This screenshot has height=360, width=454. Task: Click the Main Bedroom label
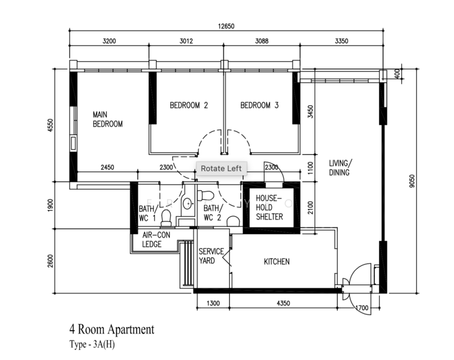[107, 119]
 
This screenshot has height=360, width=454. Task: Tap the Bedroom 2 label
[189, 105]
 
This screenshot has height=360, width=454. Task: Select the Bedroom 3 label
[260, 105]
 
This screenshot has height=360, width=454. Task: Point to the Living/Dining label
[341, 167]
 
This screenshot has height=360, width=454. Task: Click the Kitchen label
[276, 262]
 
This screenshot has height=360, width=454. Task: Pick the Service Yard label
[211, 256]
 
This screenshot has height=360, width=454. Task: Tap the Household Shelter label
[269, 208]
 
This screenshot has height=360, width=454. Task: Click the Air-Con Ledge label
[156, 239]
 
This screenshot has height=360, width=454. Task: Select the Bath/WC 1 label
[148, 213]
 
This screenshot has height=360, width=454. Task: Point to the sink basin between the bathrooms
[188, 203]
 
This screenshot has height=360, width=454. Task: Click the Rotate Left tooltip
[221, 168]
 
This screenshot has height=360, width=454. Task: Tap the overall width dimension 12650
[226, 26]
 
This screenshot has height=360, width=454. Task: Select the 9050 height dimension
[412, 181]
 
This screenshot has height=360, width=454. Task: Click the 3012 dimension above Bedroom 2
[186, 41]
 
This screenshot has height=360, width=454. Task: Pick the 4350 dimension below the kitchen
[283, 303]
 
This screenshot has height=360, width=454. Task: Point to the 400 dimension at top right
[397, 74]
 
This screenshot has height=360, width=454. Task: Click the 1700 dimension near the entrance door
[362, 308]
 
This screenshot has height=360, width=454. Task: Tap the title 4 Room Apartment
[112, 329]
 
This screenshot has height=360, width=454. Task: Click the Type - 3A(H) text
[92, 344]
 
